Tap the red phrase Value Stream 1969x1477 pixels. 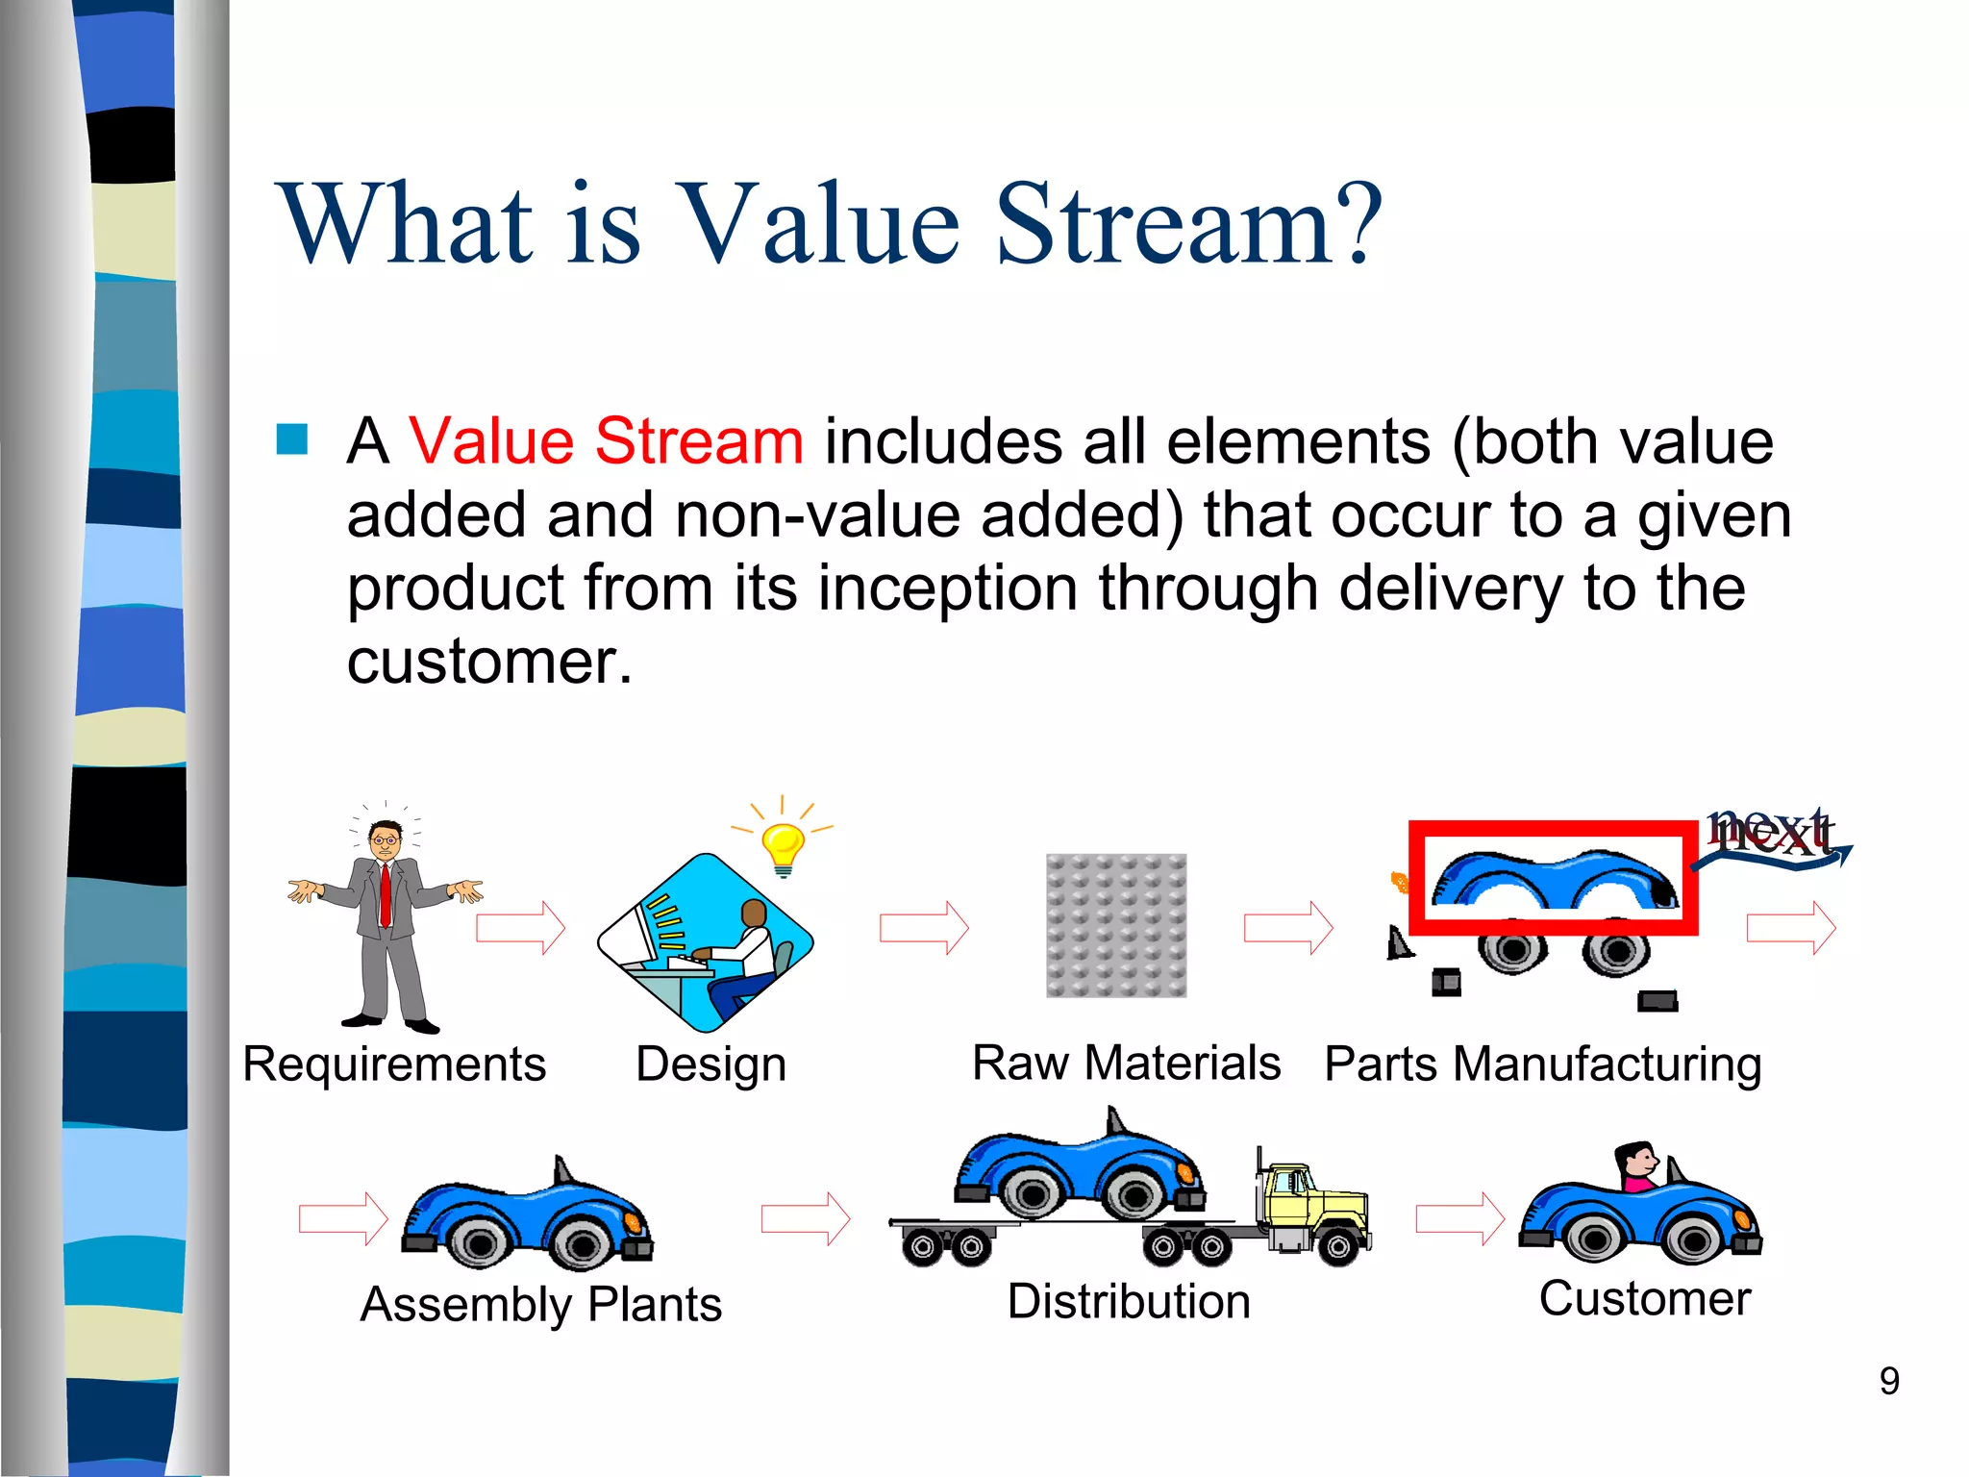606,441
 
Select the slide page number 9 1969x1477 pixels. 1888,1382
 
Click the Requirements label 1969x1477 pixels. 394,1064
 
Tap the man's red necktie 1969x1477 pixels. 386,894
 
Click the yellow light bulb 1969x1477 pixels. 783,848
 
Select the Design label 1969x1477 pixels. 710,1064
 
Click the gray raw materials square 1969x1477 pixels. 1116,925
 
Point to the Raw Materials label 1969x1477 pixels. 1126,1064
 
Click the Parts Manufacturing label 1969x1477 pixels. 1542,1064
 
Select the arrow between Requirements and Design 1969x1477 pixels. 520,928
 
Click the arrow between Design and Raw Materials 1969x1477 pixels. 924,928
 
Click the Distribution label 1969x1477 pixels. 1129,1302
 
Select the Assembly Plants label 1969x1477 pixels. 541,1305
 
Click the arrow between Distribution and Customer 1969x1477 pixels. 1459,1219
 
